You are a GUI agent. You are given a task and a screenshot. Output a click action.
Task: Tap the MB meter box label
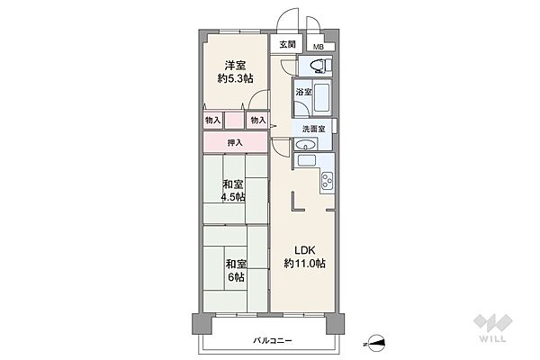pos(319,47)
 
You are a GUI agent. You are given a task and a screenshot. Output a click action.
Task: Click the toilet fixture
pos(318,66)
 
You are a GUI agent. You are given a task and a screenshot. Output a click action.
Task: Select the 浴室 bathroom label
pos(303,93)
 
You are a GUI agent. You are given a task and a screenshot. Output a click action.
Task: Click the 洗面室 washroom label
pos(314,130)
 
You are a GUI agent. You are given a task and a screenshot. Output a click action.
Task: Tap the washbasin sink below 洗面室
pos(306,161)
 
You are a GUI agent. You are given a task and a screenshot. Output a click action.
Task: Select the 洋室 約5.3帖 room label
pos(236,70)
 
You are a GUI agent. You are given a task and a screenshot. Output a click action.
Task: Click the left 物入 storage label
pos(212,120)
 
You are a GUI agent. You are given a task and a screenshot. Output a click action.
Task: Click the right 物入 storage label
pos(258,120)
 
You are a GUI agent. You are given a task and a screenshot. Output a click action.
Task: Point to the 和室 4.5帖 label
pos(235,192)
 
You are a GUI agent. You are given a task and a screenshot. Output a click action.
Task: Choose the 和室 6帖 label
pos(235,270)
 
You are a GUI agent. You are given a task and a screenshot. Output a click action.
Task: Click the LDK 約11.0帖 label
pos(304,256)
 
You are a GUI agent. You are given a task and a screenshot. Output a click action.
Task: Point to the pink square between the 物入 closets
pos(235,120)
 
